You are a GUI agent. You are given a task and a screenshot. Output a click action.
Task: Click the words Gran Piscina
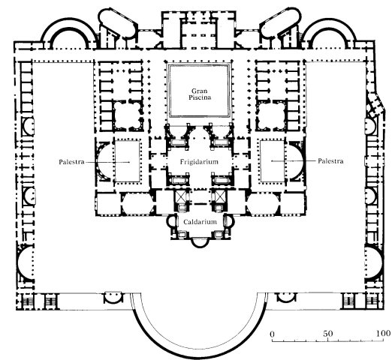200,94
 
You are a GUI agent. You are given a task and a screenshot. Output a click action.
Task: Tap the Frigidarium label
199,162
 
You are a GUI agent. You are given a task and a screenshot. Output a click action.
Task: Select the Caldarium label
200,222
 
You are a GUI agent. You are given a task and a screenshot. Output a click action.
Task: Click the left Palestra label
71,162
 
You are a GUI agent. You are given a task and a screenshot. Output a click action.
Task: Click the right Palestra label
330,161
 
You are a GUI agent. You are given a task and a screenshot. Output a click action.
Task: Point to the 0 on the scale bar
273,334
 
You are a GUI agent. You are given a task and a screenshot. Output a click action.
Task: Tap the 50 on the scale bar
328,334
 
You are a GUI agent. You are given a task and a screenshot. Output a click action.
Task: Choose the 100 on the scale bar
384,333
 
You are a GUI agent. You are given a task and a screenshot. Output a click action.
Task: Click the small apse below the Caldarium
200,246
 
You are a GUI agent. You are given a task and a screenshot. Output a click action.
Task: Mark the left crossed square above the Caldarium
180,196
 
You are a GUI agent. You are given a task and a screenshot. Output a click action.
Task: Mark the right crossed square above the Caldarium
219,196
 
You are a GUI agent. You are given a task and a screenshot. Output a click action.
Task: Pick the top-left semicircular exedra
69,19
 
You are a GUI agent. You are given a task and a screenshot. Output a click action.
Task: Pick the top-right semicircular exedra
328,19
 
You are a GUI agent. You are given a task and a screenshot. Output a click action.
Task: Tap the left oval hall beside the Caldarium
137,205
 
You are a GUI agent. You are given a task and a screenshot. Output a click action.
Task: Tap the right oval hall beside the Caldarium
264,205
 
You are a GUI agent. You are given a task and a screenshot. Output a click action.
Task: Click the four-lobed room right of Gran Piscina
272,115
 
